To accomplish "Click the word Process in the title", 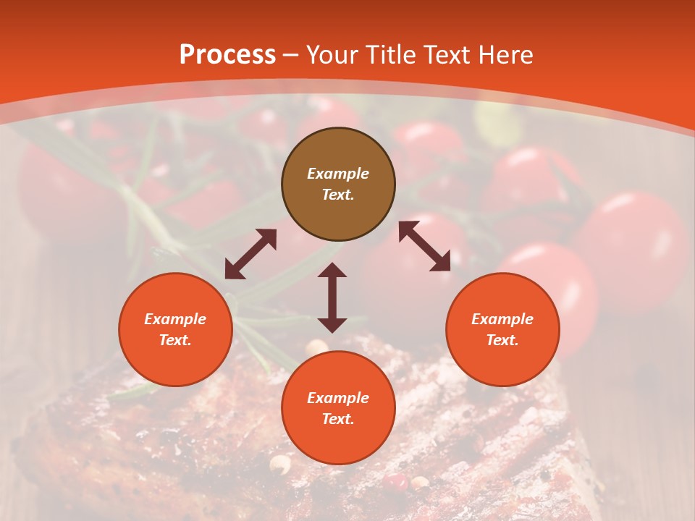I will (227, 55).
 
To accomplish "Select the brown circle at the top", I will (338, 185).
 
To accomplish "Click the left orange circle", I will (175, 329).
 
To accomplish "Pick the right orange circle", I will (502, 329).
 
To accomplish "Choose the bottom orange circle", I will (338, 407).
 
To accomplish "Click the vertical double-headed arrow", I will (332, 297).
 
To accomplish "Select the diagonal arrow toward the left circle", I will (250, 254).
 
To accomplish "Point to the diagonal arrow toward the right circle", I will (424, 246).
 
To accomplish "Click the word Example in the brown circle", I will (338, 174).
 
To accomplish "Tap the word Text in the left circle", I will (175, 340).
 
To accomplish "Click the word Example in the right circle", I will (502, 319).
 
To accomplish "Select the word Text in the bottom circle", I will (338, 419).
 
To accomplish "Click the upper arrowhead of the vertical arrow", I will (332, 269).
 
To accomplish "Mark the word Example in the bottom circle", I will (338, 398).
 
